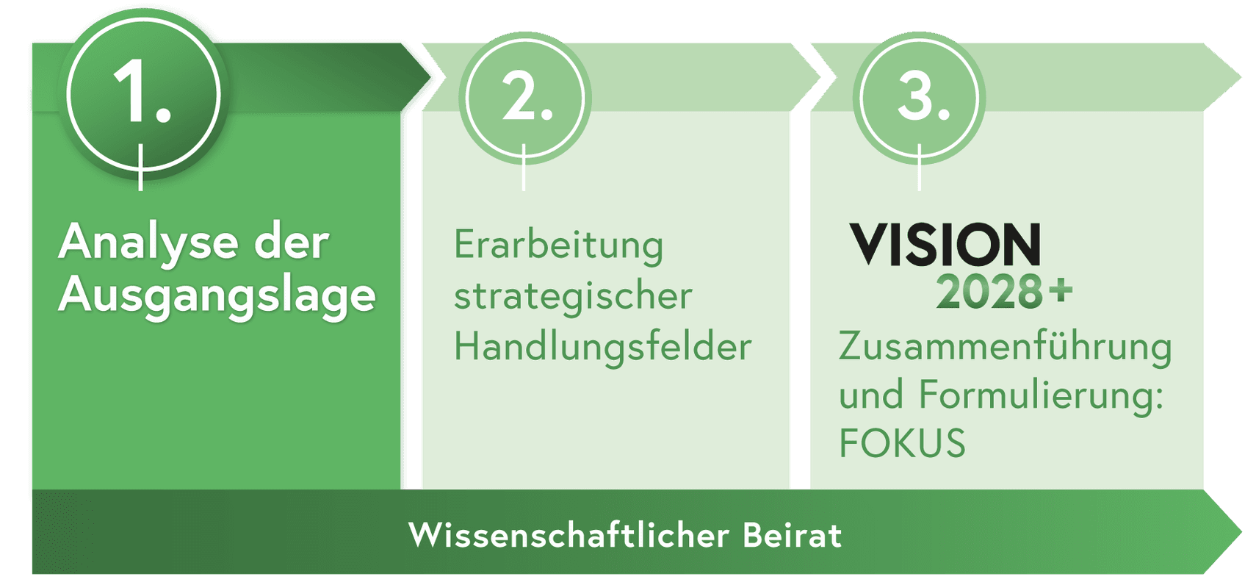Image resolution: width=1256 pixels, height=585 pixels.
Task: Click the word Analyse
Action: (148, 243)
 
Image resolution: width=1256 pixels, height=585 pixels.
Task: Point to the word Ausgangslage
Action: (217, 296)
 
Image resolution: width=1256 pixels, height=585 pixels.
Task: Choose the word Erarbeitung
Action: (558, 245)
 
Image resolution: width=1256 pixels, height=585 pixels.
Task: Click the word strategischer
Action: (573, 296)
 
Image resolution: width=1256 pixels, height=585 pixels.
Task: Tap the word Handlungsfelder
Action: (603, 346)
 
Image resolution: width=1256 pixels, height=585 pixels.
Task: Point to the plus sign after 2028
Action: (1061, 290)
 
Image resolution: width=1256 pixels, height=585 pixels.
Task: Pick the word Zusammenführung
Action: (1005, 347)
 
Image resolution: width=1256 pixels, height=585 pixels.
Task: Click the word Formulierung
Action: (1042, 395)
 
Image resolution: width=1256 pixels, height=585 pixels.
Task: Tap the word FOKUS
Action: (902, 442)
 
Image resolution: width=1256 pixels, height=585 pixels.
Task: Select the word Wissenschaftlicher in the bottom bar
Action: (569, 535)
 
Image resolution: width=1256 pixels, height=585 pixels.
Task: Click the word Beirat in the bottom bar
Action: (793, 535)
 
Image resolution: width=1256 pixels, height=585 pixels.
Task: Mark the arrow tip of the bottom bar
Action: (1241, 531)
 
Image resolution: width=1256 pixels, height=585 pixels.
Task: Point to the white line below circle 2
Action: (524, 167)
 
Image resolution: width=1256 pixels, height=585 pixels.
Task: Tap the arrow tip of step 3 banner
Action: (1241, 77)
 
